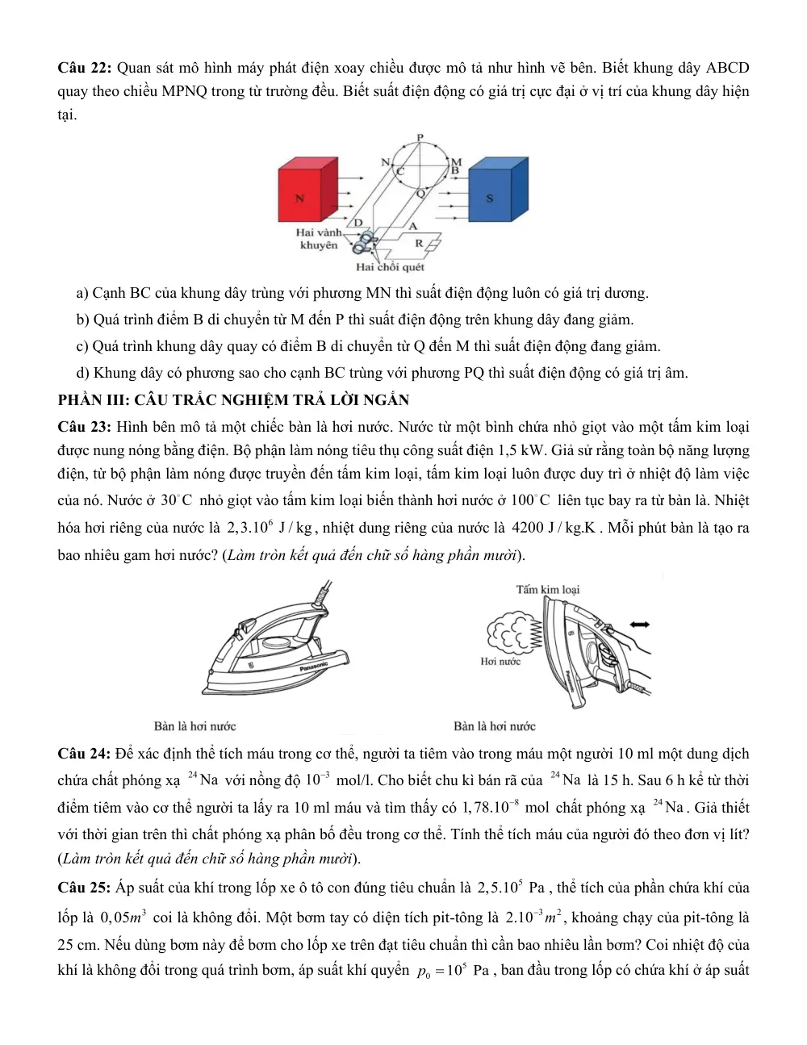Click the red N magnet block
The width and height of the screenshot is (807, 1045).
(307, 190)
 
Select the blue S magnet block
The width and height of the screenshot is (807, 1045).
(498, 190)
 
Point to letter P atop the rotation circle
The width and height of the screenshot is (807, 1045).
(420, 137)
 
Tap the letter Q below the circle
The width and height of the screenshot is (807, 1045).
(420, 194)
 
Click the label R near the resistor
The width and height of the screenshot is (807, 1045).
(419, 243)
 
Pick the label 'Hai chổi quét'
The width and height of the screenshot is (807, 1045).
(390, 267)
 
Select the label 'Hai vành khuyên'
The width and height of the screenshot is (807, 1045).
(319, 239)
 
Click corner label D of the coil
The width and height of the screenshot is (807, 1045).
(358, 223)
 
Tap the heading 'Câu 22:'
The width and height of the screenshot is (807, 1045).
(85, 68)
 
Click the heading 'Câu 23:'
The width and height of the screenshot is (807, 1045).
(85, 427)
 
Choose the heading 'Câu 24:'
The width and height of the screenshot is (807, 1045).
(85, 754)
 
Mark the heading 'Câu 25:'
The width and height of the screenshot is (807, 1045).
(85, 888)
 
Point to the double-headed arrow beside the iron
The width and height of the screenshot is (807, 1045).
(640, 625)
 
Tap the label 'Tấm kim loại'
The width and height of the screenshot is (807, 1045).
(548, 590)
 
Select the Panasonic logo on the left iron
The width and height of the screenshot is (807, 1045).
(313, 666)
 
